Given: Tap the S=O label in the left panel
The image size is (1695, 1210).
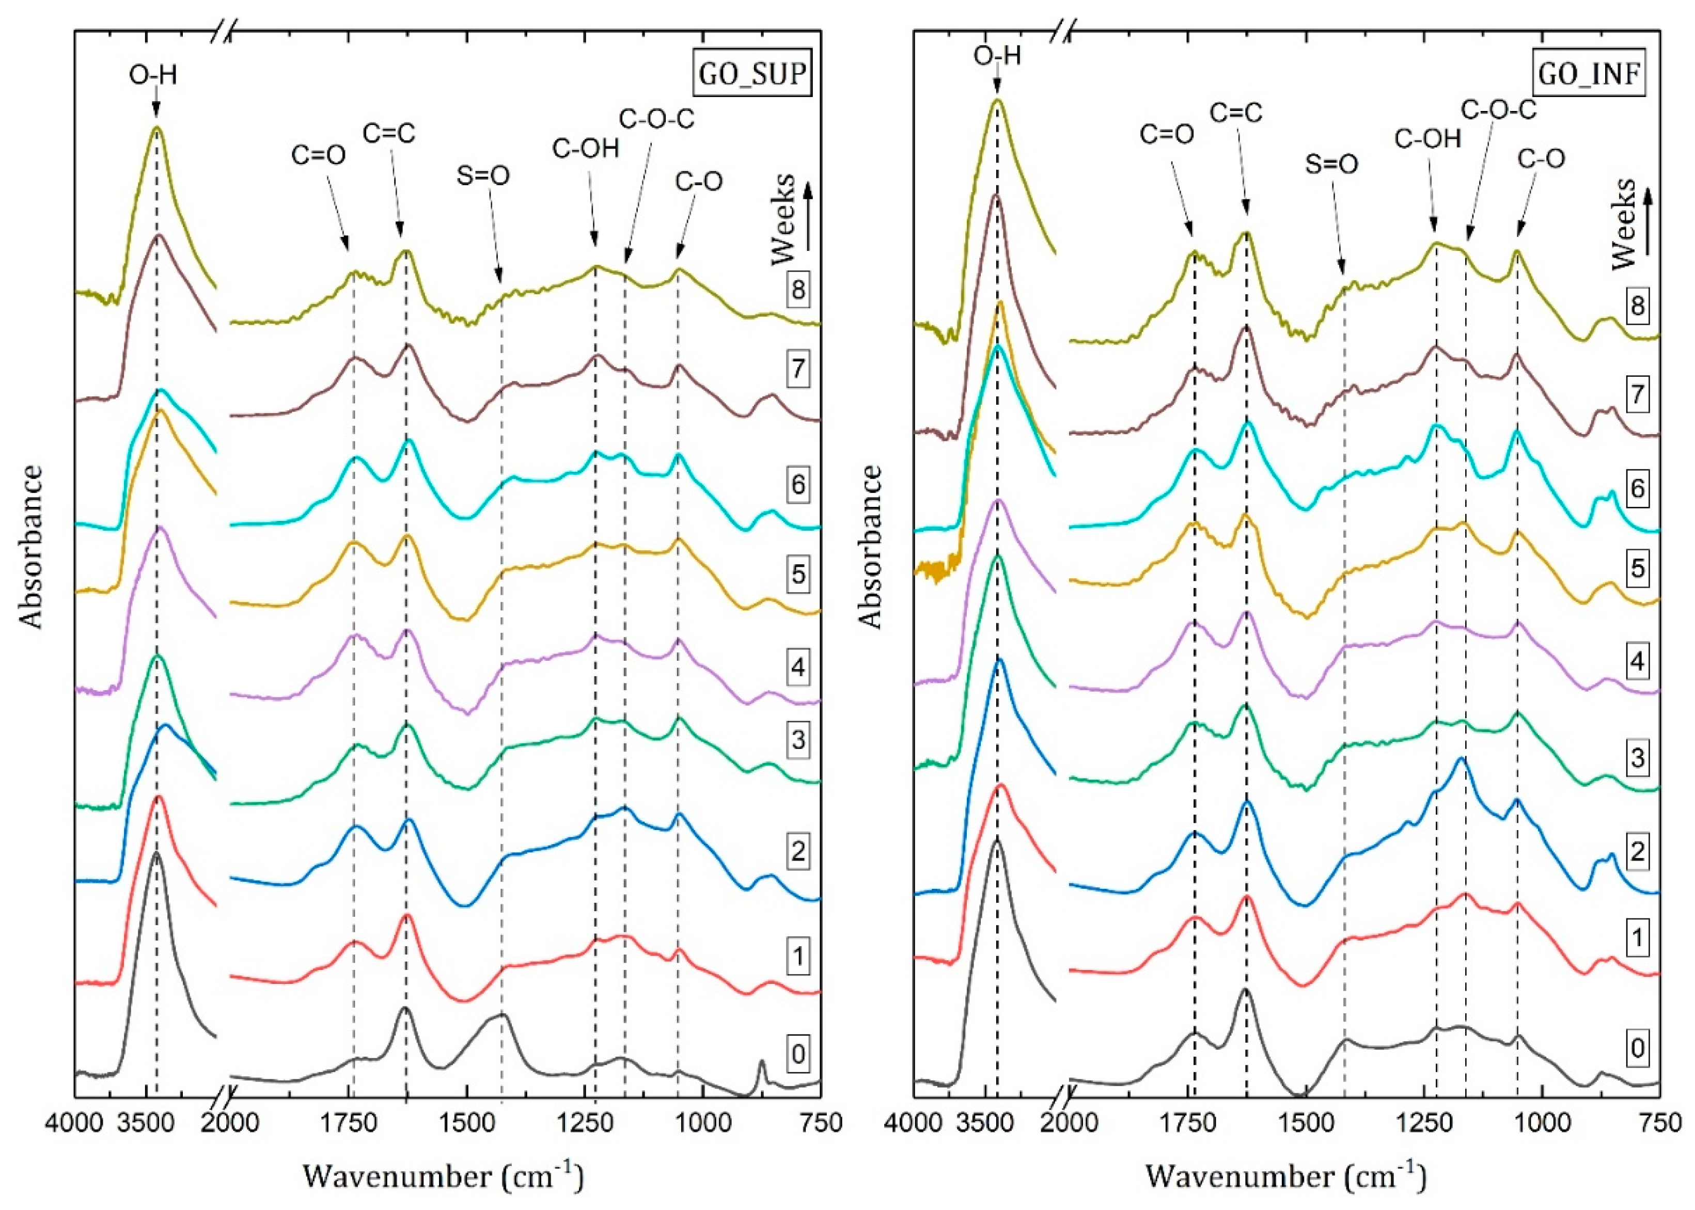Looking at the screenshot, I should coord(483,176).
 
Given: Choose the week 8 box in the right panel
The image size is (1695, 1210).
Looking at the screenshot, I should coord(1637,306).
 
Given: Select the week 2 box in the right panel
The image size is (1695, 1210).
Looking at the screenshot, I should coord(1637,851).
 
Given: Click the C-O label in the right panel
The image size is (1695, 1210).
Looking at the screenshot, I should coord(1542,158).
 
